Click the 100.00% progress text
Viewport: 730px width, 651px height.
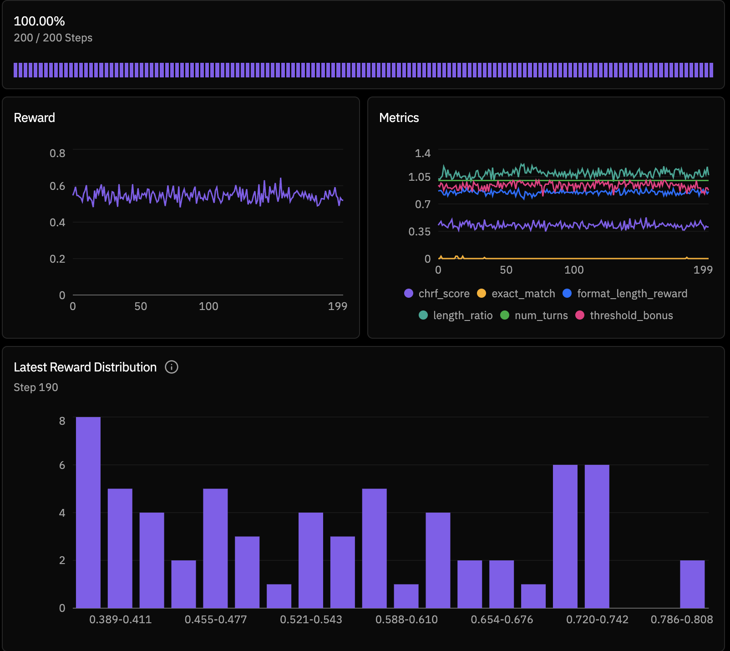[x=39, y=21]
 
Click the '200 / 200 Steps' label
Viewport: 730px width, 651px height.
[x=53, y=38]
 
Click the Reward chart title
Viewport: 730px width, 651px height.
[x=34, y=118]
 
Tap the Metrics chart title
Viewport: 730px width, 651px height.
[x=399, y=118]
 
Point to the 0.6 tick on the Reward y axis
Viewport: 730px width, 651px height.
[x=57, y=186]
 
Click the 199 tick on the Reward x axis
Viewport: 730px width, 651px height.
[x=337, y=306]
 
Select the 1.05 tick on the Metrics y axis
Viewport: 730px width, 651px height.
[x=419, y=177]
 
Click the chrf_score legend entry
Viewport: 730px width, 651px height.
[x=437, y=294]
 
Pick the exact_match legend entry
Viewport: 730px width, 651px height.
[x=516, y=294]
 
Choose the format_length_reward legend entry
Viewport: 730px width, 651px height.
[x=625, y=294]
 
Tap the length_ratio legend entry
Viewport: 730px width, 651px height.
[x=456, y=315]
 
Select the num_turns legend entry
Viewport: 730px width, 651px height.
[x=534, y=315]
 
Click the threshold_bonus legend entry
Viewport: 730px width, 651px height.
[x=624, y=315]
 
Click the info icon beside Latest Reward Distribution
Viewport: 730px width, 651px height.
[x=172, y=367]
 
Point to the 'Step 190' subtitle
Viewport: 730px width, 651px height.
[x=36, y=387]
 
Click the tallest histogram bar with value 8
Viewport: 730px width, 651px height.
[x=88, y=512]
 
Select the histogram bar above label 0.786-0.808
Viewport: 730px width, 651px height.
[x=692, y=584]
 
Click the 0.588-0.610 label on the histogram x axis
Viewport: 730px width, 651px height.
[x=406, y=620]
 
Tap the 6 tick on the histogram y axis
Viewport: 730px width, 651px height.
[x=62, y=465]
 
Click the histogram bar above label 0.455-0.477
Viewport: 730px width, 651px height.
[x=215, y=548]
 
